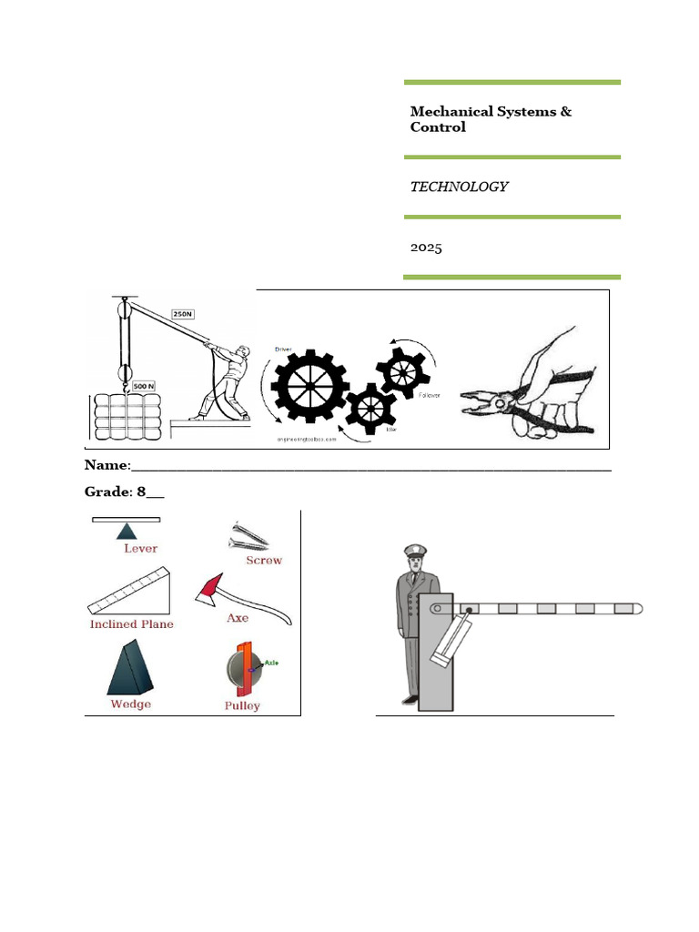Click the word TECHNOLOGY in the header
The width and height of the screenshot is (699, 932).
pyautogui.click(x=459, y=187)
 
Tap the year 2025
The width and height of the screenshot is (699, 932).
pyautogui.click(x=426, y=247)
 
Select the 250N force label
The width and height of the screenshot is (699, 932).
pyautogui.click(x=182, y=315)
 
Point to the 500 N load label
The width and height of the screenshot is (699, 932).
pyautogui.click(x=144, y=385)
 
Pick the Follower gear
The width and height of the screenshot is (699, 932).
pyautogui.click(x=401, y=370)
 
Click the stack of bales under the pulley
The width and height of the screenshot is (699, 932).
pyautogui.click(x=127, y=416)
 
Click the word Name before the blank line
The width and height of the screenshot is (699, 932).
pyautogui.click(x=106, y=465)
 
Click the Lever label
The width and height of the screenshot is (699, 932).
pyautogui.click(x=140, y=549)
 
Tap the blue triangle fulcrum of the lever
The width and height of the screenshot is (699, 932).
pyautogui.click(x=127, y=531)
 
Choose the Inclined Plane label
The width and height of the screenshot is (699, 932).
pyautogui.click(x=131, y=624)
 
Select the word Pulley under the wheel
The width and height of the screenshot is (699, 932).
pyautogui.click(x=242, y=705)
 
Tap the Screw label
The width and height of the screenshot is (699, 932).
pyautogui.click(x=264, y=561)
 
